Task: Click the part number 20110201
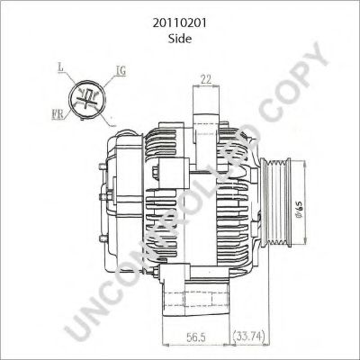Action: (x=179, y=13)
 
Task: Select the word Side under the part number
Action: (x=179, y=29)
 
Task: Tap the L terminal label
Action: (x=59, y=67)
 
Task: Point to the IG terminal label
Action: (x=121, y=69)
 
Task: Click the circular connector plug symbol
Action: (x=87, y=95)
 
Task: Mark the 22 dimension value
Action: (x=206, y=80)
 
